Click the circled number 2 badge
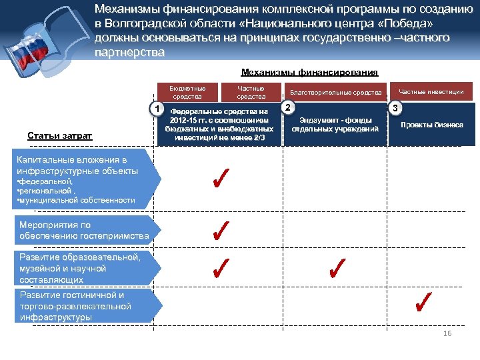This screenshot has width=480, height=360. tap(287, 107)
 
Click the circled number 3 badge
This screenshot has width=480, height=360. tap(395, 107)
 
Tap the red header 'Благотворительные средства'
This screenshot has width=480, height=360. tap(335, 93)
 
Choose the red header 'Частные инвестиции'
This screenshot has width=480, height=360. tap(431, 92)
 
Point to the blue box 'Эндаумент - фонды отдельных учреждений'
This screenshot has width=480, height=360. tap(335, 125)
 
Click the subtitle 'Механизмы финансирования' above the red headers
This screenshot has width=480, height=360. tap(309, 72)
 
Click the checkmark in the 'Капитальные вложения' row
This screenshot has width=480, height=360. tap(221, 179)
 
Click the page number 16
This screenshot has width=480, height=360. tap(447, 333)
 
